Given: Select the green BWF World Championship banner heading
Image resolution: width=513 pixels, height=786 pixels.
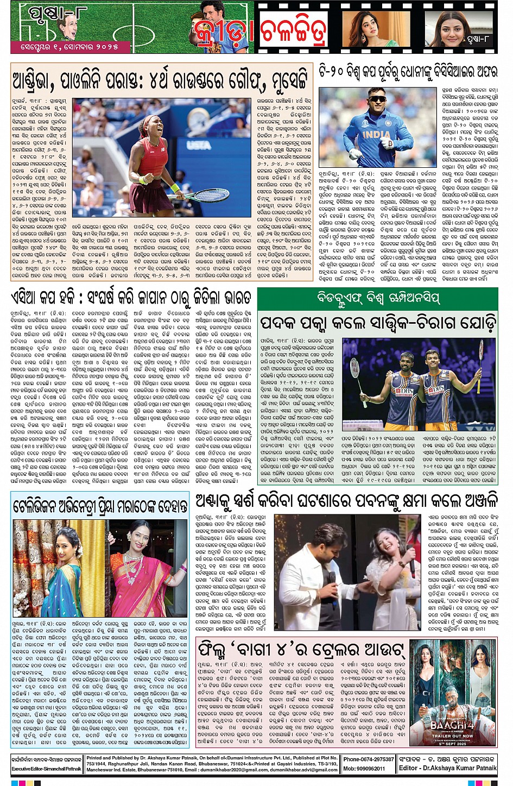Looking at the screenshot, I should [x=377, y=298].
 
